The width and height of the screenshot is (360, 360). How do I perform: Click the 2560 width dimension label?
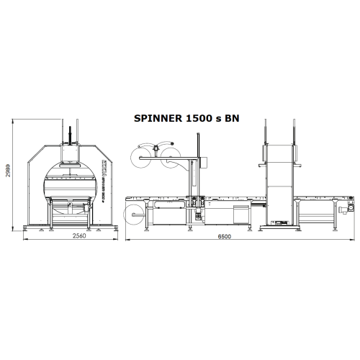click(x=69, y=236)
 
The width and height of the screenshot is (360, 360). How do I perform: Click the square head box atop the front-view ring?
click(x=69, y=151)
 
